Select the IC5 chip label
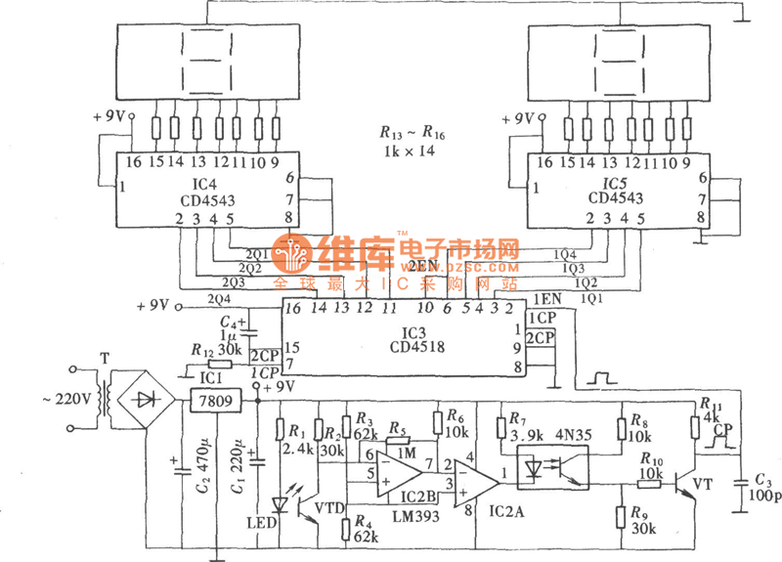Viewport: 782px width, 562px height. pyautogui.click(x=615, y=182)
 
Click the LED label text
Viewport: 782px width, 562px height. pyautogui.click(x=261, y=523)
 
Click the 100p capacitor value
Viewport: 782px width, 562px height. pyautogui.click(x=763, y=496)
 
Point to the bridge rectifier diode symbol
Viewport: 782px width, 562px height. pyautogui.click(x=148, y=398)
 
